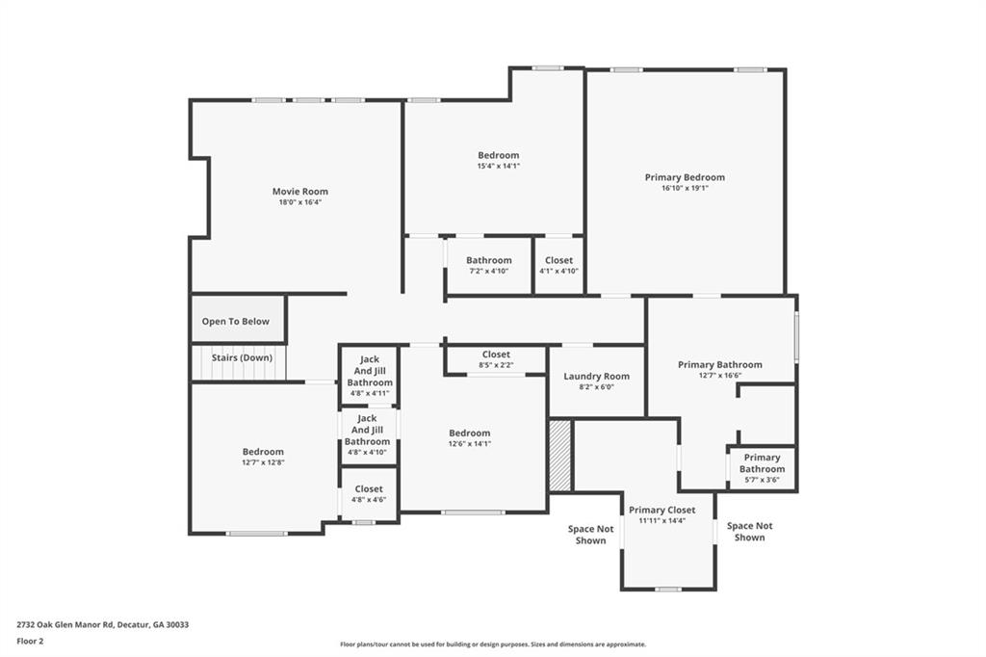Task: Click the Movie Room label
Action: click(x=299, y=192)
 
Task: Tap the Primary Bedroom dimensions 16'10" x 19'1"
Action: click(x=685, y=189)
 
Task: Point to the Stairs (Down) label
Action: click(x=242, y=357)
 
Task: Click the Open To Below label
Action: click(x=236, y=322)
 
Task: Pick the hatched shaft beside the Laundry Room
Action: click(x=559, y=455)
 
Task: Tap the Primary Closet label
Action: click(x=662, y=510)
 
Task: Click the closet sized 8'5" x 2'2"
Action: click(x=496, y=359)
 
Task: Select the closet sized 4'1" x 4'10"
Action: click(x=558, y=265)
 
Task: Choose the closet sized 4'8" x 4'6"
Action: click(x=368, y=494)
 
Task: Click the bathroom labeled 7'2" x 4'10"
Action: click(x=489, y=265)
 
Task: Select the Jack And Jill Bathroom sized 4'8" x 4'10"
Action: click(x=367, y=435)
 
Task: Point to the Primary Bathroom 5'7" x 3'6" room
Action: click(x=762, y=468)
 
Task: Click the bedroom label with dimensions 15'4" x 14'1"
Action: click(x=498, y=160)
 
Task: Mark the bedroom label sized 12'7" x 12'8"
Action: click(x=263, y=457)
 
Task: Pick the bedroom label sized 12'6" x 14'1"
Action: click(x=469, y=438)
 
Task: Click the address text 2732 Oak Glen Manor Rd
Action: click(x=102, y=624)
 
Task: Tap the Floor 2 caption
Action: click(x=29, y=640)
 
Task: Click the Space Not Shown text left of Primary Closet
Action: click(x=590, y=535)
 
